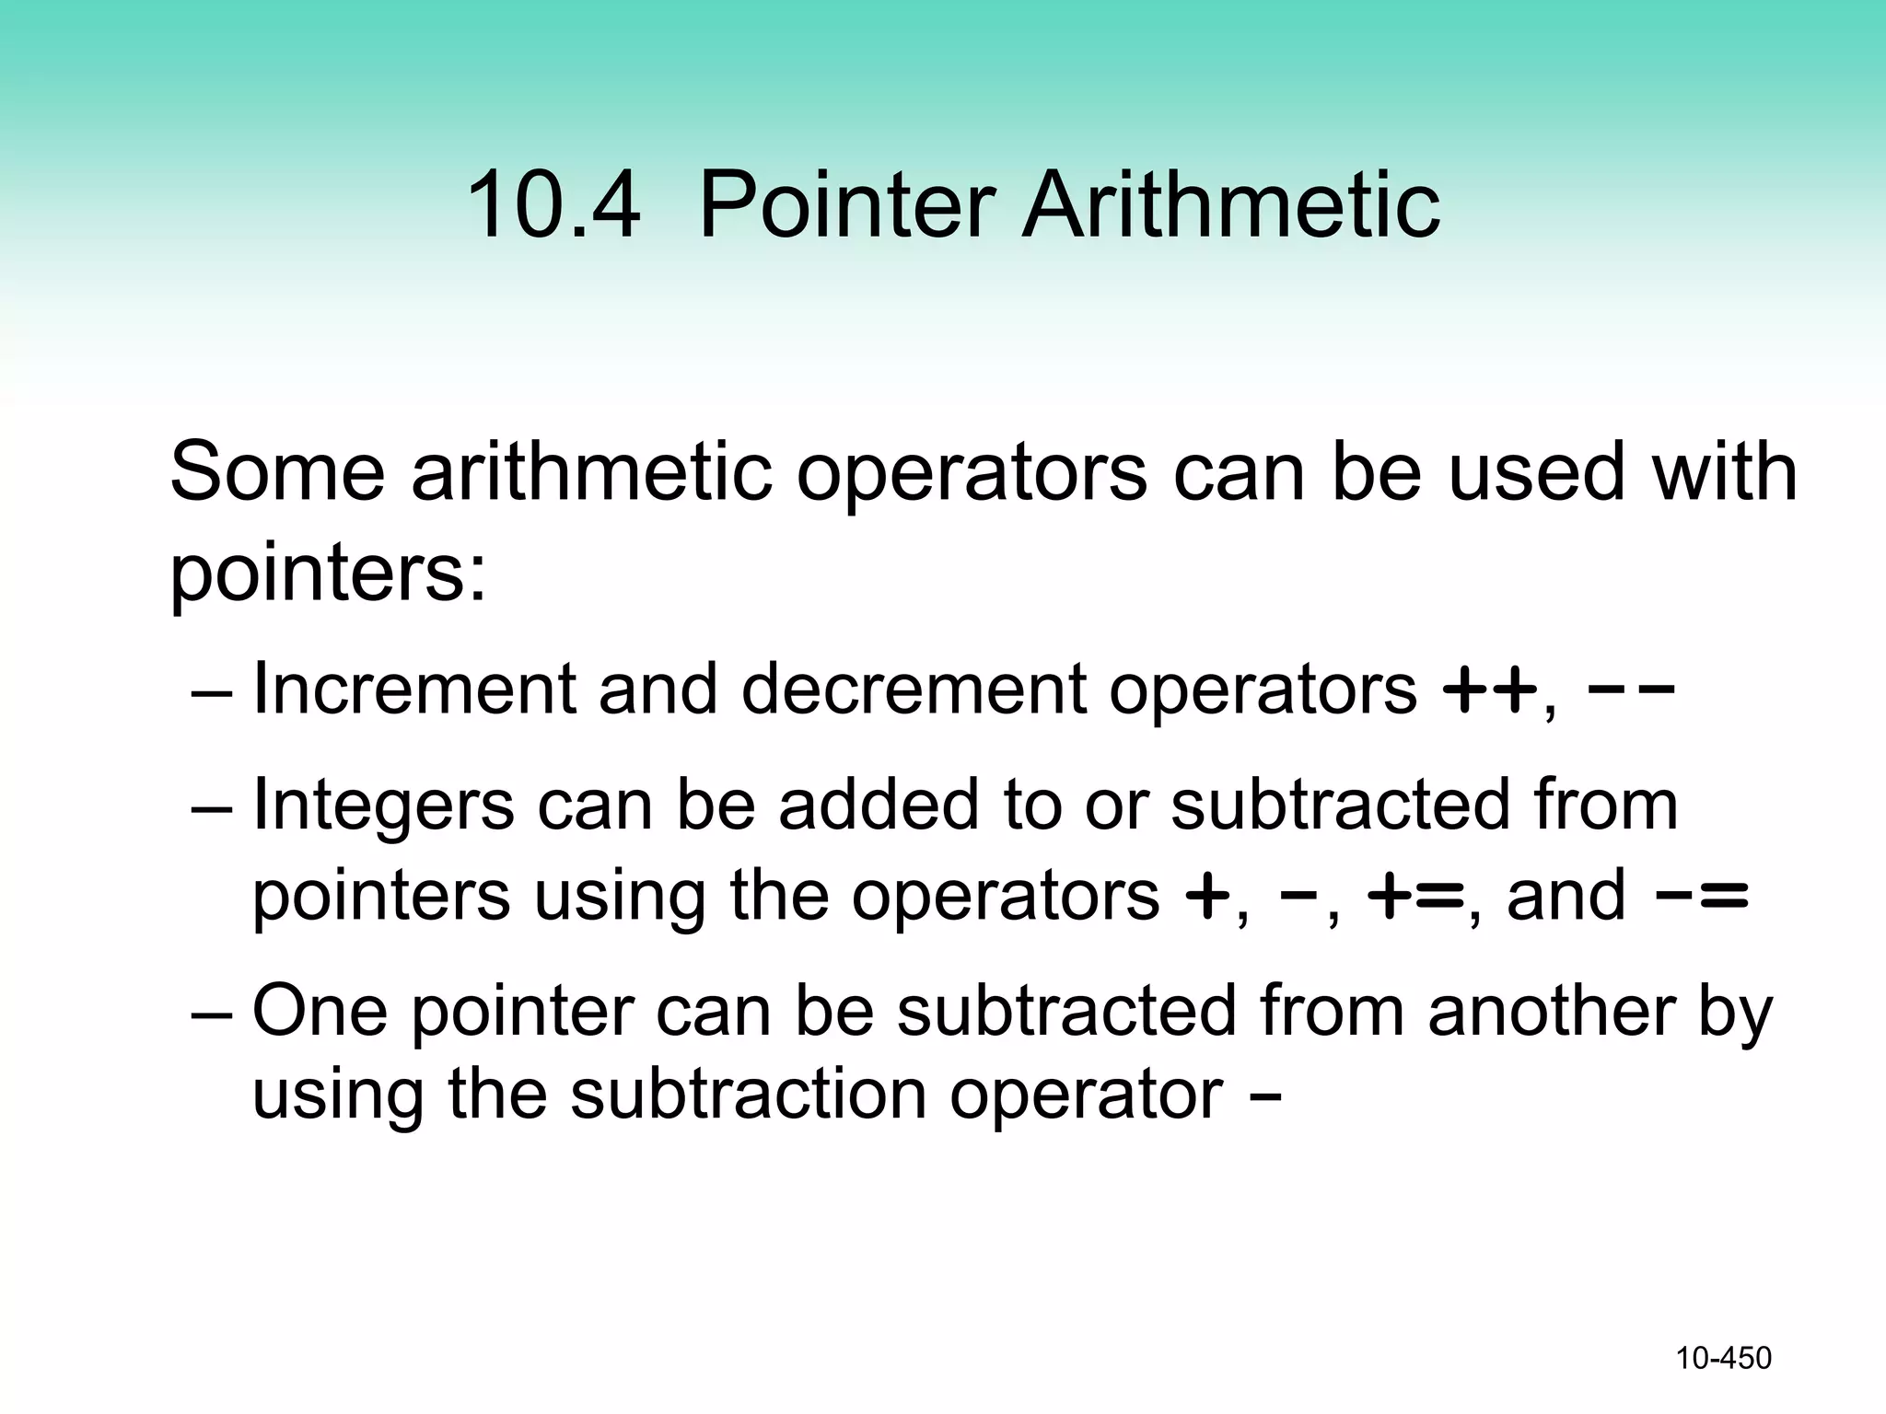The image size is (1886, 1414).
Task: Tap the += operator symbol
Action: tap(1415, 896)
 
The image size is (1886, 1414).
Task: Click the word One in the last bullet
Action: tap(319, 1011)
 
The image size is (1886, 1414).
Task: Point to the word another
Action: tap(1552, 1011)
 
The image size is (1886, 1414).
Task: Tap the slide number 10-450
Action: tap(1723, 1358)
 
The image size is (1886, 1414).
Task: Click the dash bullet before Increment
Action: tap(212, 690)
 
